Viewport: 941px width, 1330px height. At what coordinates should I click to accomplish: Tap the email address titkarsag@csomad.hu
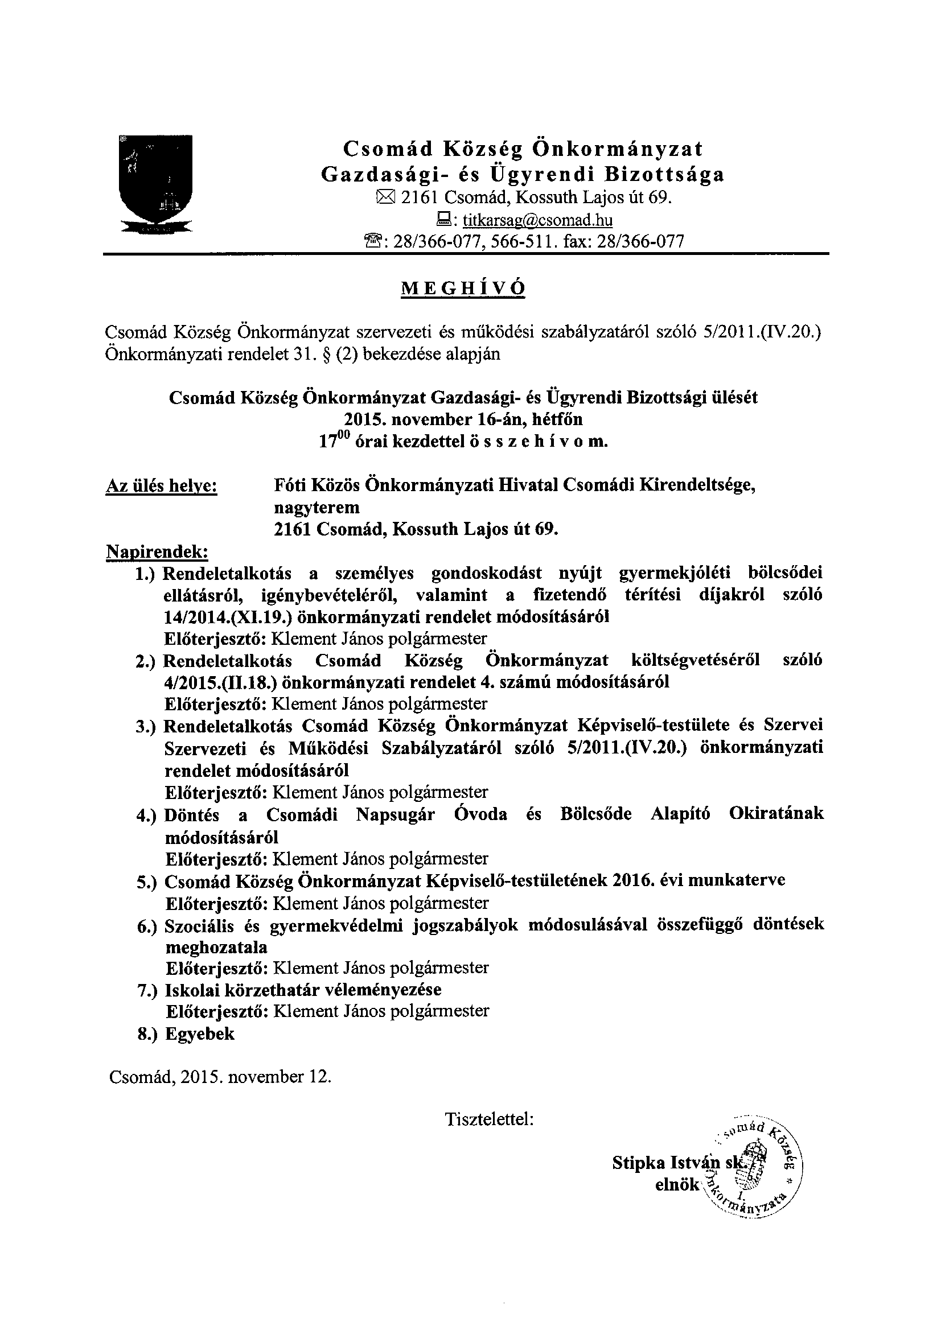click(538, 220)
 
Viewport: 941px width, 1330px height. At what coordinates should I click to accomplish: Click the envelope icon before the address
click(385, 198)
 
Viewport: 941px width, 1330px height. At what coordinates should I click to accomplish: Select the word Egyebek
click(200, 1034)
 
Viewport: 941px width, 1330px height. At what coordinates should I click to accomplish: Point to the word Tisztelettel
click(488, 1120)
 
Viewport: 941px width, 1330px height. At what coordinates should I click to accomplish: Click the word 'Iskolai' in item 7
click(195, 990)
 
